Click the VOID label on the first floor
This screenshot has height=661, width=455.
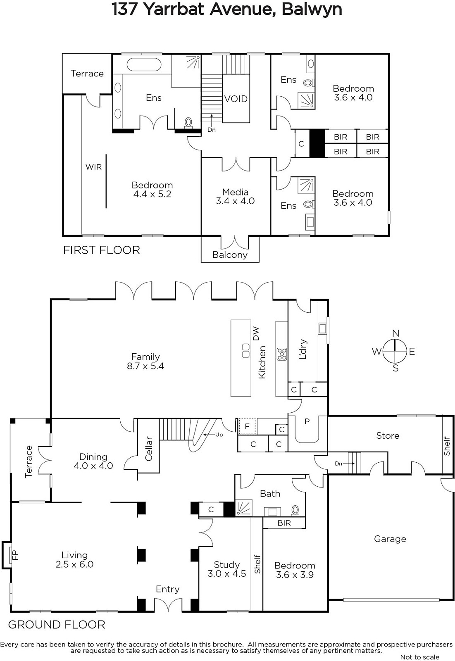236,99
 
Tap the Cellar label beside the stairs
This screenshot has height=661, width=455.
148,449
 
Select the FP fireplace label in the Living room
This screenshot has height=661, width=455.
15,555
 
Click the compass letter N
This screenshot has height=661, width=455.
395,333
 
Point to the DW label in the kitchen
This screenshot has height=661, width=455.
256,333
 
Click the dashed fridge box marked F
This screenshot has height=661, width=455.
247,426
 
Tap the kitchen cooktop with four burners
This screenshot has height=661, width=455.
282,354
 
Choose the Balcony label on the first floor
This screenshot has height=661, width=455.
230,254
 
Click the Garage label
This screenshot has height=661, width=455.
390,539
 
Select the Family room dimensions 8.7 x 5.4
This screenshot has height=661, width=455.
145,366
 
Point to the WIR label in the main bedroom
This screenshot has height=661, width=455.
93,167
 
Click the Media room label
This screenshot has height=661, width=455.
235,192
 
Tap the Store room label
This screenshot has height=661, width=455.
388,435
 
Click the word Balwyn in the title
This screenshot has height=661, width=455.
312,10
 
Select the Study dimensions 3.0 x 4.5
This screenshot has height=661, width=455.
227,573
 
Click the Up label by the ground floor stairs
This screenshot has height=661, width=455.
219,435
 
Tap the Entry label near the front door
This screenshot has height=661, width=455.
167,589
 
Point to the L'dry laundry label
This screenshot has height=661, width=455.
303,350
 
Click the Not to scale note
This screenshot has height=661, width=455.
419,657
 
